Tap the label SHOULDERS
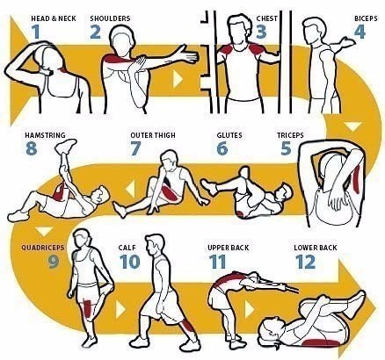tap(109, 16)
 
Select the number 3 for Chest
tap(261, 31)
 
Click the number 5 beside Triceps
tap(286, 148)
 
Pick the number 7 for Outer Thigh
tap(134, 148)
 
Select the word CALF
tap(127, 248)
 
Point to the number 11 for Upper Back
tap(217, 262)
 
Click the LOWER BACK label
tap(315, 248)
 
